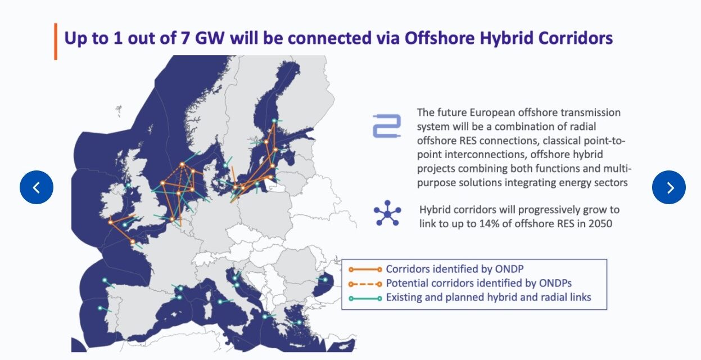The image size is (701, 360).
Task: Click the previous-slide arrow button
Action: pyautogui.click(x=37, y=187)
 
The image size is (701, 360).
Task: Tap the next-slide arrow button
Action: pyautogui.click(x=668, y=187)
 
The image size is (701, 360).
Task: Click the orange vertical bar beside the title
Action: pyautogui.click(x=56, y=42)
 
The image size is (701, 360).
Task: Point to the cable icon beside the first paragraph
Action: pyautogui.click(x=387, y=126)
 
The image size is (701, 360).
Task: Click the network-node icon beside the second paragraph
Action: pyautogui.click(x=387, y=215)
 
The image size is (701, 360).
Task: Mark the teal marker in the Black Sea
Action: pyautogui.click(x=325, y=280)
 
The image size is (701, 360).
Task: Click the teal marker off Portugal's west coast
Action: pyautogui.click(x=100, y=308)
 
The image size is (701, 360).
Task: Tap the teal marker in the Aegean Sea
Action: pyautogui.click(x=297, y=322)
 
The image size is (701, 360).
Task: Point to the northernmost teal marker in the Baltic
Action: pyautogui.click(x=274, y=121)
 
